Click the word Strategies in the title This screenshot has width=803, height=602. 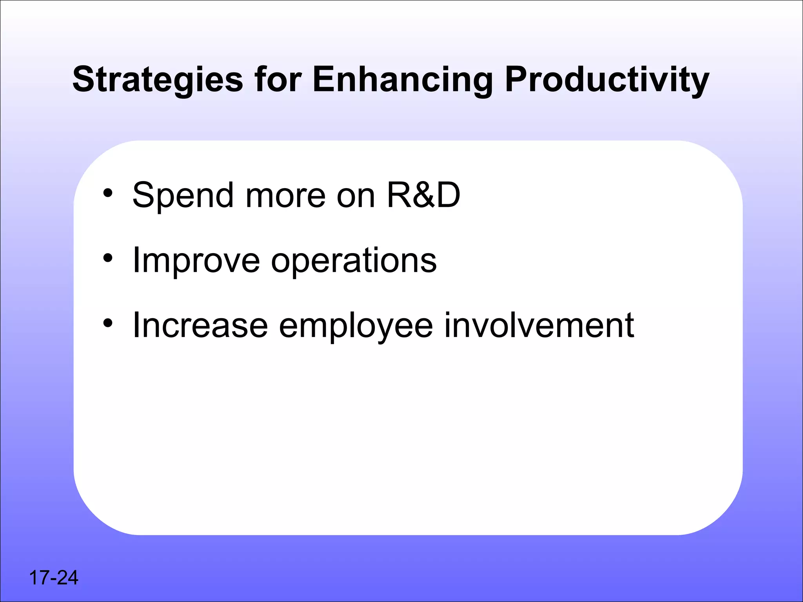click(158, 80)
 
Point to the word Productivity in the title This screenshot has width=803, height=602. click(607, 80)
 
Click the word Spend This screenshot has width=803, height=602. click(183, 196)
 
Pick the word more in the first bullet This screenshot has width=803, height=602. click(285, 196)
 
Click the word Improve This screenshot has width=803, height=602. click(196, 261)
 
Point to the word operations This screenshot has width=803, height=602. click(354, 261)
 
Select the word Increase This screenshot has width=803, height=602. click(200, 325)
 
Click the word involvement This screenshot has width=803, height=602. click(539, 325)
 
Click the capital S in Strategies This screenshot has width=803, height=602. click(84, 80)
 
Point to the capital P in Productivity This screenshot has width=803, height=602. click(517, 80)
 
